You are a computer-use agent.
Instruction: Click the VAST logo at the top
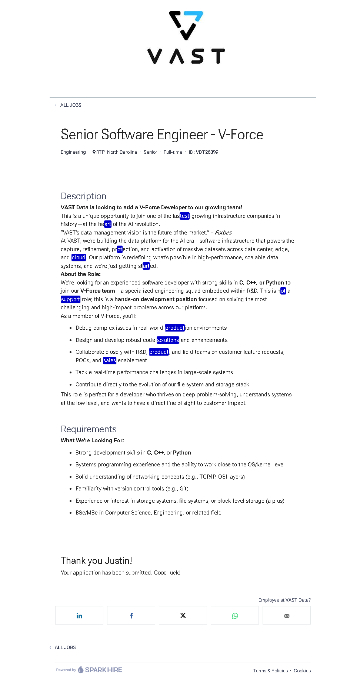186,37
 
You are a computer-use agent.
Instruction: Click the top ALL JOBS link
70,105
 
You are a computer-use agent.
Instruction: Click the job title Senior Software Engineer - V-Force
162,134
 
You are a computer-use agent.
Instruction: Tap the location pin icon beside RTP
94,152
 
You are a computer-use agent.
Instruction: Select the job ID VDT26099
203,152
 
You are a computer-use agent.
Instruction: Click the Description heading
83,196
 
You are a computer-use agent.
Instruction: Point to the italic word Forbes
223,233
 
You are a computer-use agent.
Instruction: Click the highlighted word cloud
79,257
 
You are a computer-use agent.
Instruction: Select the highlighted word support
70,299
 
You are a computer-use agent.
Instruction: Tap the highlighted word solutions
168,340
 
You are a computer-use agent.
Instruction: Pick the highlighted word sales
110,360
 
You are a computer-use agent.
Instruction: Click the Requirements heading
89,429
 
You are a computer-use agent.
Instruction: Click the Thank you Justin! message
96,561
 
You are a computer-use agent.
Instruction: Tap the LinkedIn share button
79,616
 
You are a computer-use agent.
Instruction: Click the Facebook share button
131,616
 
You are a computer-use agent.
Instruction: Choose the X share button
183,616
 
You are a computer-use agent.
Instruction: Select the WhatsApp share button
235,616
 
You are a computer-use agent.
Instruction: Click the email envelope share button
287,616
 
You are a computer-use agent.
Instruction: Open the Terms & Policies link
270,671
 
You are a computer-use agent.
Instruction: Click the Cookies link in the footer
302,671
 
